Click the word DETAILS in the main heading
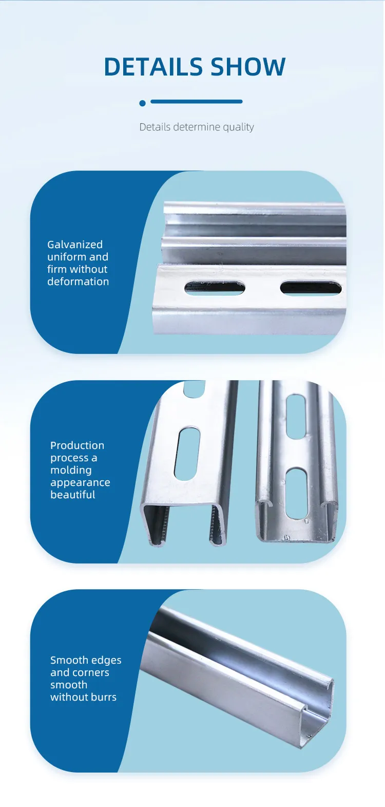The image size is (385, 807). [x=153, y=67]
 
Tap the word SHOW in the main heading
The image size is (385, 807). [x=248, y=67]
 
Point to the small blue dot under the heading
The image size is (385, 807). [x=142, y=103]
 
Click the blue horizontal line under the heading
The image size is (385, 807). [x=196, y=102]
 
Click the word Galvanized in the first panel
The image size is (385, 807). [x=75, y=245]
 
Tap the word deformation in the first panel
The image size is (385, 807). [x=78, y=281]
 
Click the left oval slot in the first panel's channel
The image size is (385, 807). [x=215, y=288]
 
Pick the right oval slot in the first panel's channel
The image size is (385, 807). [x=311, y=288]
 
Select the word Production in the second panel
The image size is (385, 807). [x=78, y=445]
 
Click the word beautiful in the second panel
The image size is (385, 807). [x=73, y=495]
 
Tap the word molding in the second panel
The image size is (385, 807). [x=71, y=470]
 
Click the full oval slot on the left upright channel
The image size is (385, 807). [x=187, y=454]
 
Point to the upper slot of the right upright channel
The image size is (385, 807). [x=296, y=417]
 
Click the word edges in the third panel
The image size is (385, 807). [x=107, y=661]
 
